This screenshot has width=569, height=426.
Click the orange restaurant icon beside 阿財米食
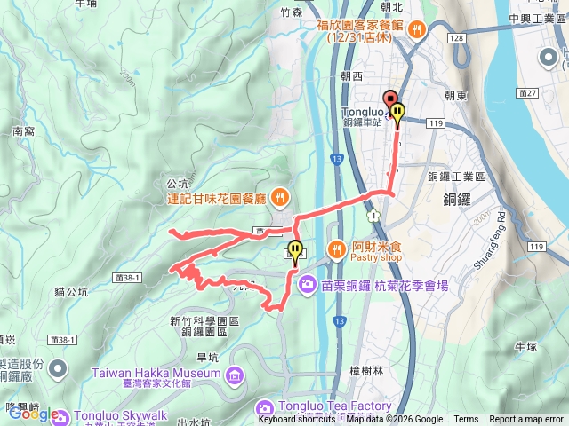click(x=337, y=249)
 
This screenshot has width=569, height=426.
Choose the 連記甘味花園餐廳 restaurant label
click(x=217, y=197)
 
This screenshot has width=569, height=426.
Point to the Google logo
click(x=34, y=414)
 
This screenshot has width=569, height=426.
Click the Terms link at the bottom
click(x=466, y=420)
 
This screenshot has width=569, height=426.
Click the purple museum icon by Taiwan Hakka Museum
click(x=235, y=374)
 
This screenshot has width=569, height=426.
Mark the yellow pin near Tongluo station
click(x=398, y=114)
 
